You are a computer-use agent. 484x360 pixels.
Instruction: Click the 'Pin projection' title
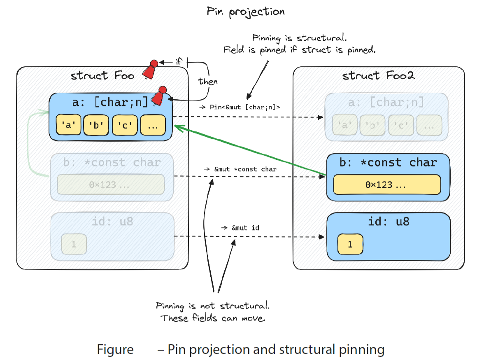coord(246,12)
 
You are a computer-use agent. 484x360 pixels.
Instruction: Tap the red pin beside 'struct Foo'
coord(150,70)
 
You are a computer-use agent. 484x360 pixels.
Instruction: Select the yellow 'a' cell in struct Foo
coord(68,125)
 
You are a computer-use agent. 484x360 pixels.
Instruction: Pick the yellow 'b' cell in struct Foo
coord(96,125)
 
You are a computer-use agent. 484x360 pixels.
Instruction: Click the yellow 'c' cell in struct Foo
coord(125,125)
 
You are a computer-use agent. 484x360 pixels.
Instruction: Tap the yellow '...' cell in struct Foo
coord(153,125)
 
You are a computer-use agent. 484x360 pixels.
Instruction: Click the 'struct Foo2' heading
coord(379,75)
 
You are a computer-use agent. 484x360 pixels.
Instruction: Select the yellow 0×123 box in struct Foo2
coord(387,185)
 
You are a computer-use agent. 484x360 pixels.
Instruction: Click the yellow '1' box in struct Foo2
coord(350,245)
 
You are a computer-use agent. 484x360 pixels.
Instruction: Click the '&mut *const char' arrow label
coord(240,169)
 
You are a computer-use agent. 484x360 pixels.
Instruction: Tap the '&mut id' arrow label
coord(240,228)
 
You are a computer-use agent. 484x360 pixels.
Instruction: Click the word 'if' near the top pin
coord(179,62)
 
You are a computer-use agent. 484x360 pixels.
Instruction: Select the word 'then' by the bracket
coord(208,81)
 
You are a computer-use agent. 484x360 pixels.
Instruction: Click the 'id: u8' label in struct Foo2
coord(389,222)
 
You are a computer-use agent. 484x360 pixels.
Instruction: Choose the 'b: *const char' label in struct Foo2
coord(389,162)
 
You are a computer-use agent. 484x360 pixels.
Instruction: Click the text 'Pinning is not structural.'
coord(213,306)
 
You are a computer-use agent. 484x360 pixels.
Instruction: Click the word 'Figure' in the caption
coord(115,350)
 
